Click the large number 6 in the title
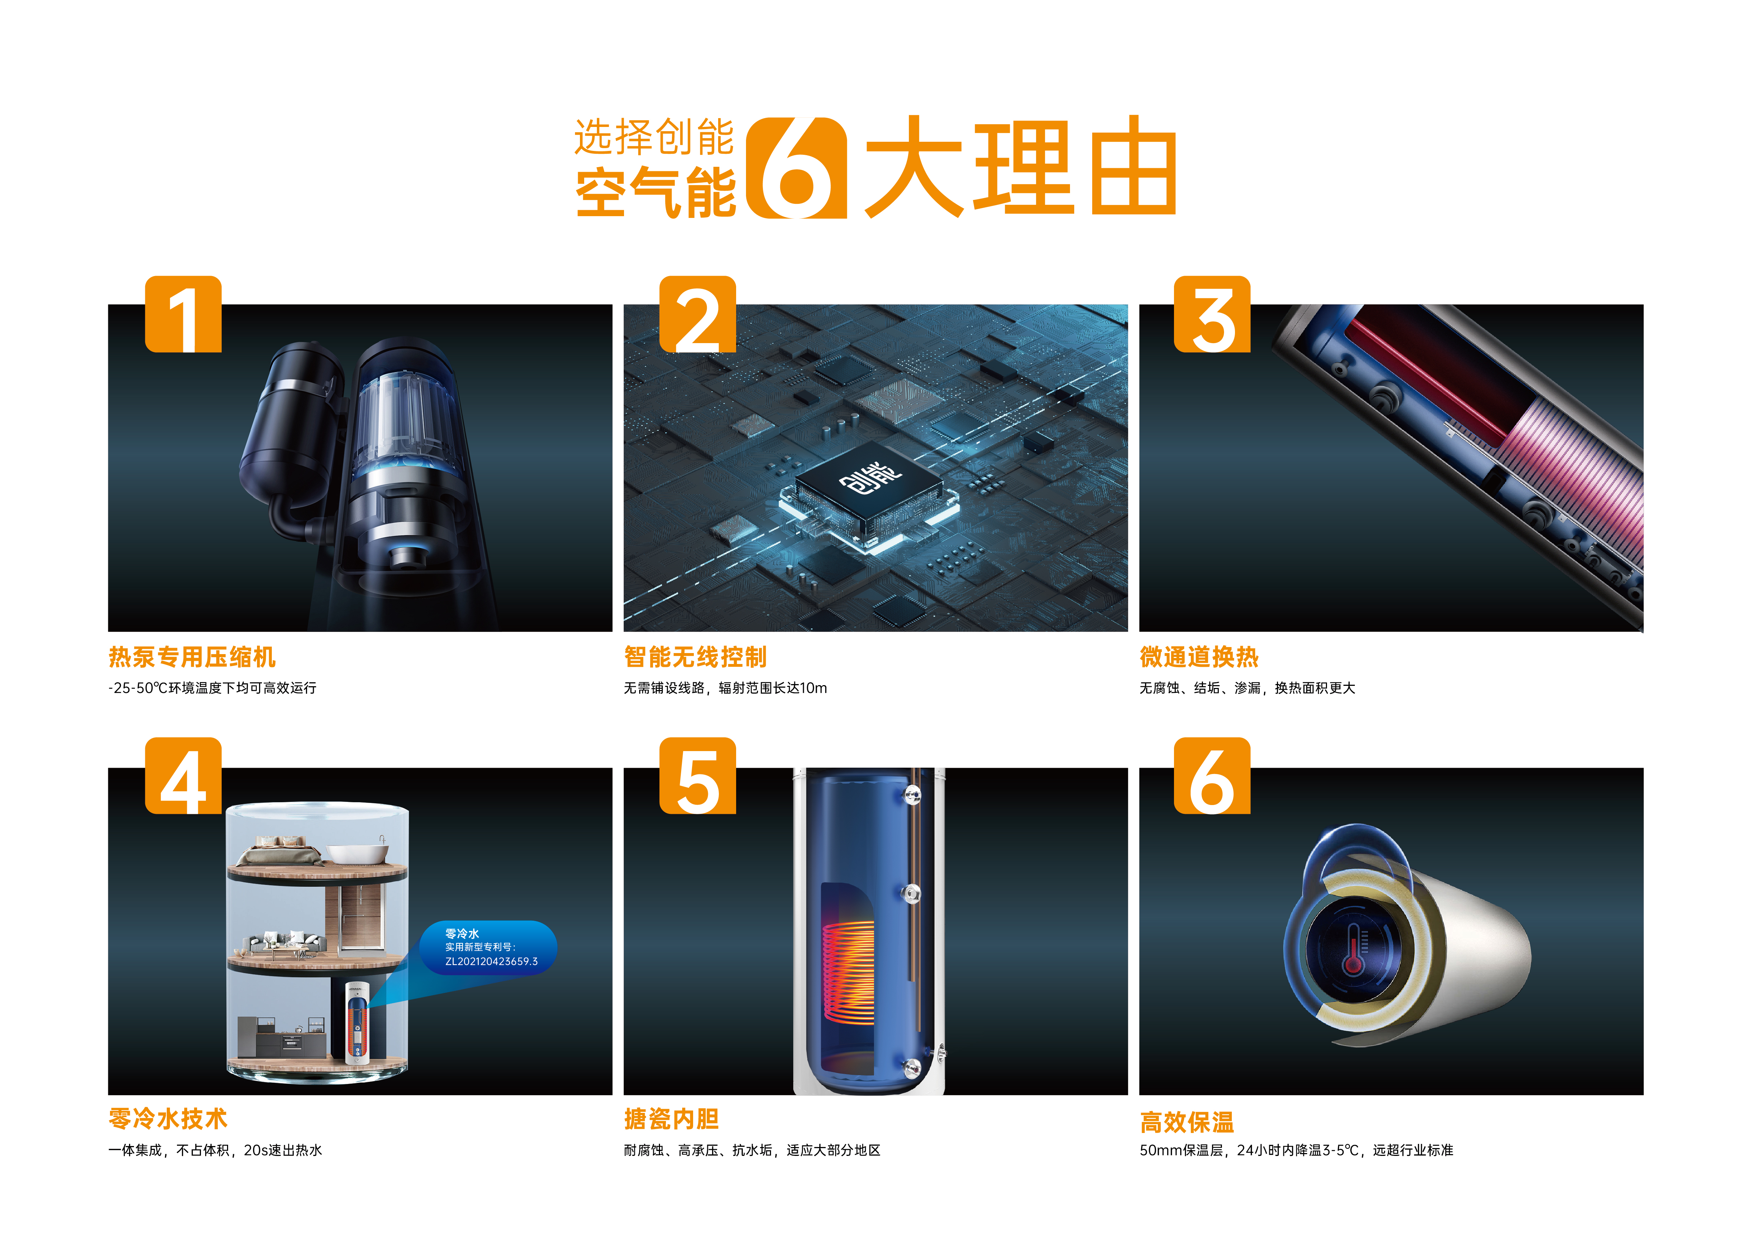796,168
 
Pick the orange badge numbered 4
184,775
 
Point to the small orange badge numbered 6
1212,775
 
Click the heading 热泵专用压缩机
192,657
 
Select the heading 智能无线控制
695,657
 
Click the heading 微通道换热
1199,657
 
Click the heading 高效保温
1187,1122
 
